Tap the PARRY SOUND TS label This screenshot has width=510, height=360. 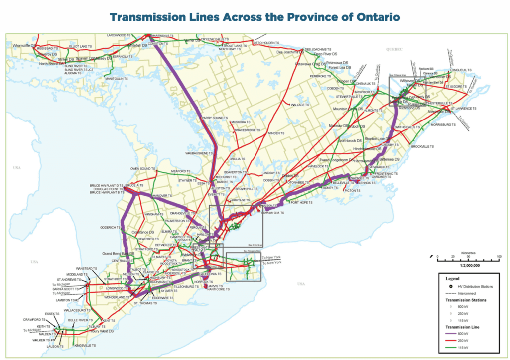pyautogui.click(x=214, y=118)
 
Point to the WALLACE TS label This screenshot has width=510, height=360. pyautogui.click(x=300, y=105)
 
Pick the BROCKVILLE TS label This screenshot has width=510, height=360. pyautogui.click(x=422, y=147)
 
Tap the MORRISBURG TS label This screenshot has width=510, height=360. pyautogui.click(x=443, y=124)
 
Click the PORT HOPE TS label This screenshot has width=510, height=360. pyautogui.click(x=302, y=203)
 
